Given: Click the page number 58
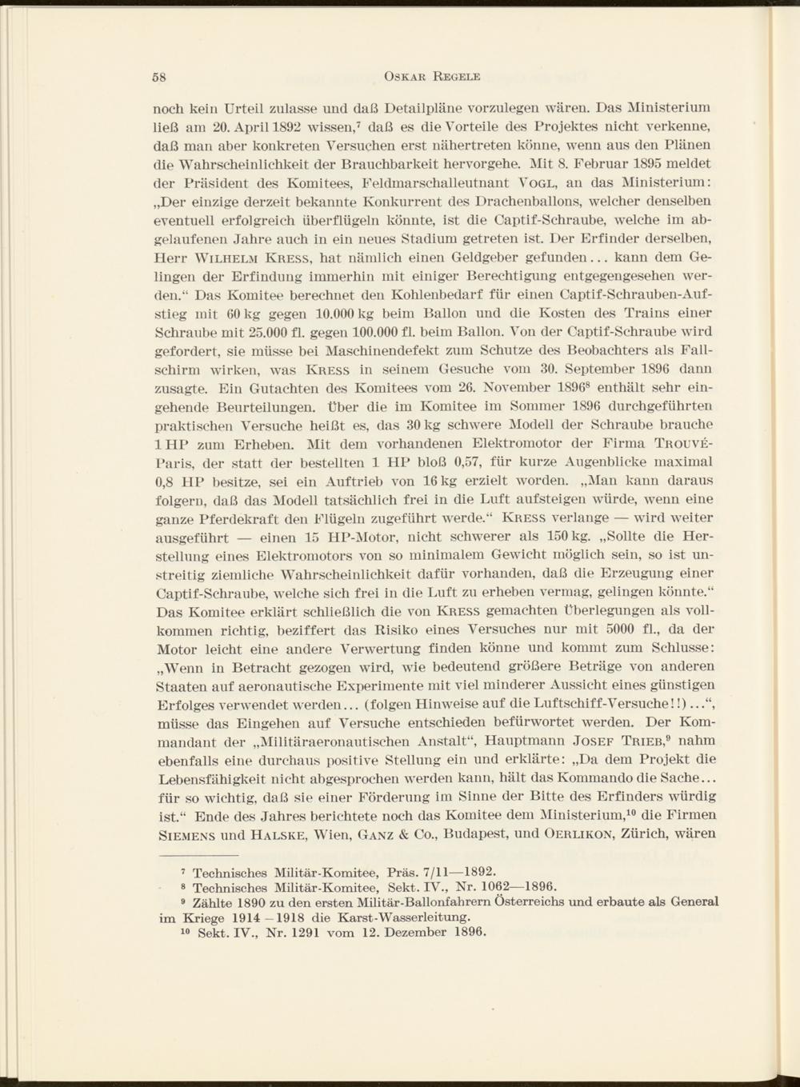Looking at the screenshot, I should click(158, 77).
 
